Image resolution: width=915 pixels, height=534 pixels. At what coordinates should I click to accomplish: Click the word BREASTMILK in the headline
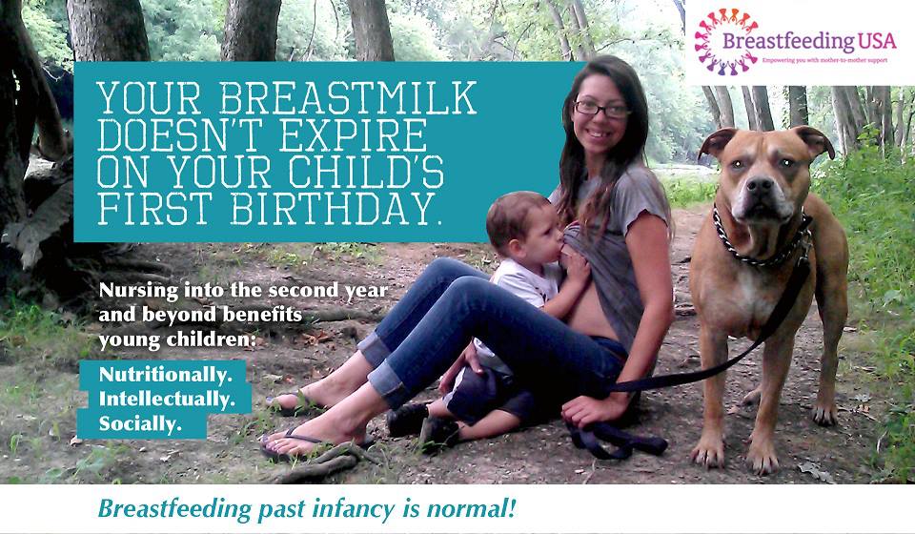(x=348, y=97)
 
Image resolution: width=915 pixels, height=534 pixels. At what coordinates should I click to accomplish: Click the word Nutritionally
(x=165, y=375)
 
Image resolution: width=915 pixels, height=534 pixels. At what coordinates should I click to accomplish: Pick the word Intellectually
(x=167, y=400)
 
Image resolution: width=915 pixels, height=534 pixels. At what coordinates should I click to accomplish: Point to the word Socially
(x=140, y=423)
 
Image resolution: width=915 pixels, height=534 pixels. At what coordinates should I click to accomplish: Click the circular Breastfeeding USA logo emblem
(x=726, y=42)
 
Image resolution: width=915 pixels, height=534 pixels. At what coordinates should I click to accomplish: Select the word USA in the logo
(x=877, y=41)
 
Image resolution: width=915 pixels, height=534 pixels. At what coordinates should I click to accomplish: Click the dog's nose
(x=761, y=185)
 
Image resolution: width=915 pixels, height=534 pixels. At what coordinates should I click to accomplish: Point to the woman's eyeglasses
(x=602, y=109)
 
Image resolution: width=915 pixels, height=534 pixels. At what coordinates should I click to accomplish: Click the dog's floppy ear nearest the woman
(x=716, y=143)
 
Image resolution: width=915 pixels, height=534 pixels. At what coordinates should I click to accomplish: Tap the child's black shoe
(x=408, y=419)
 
